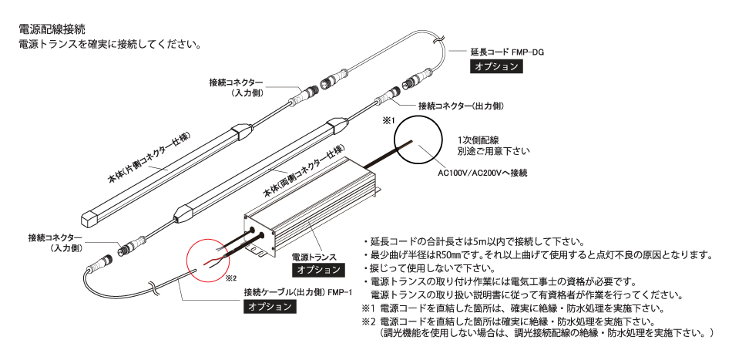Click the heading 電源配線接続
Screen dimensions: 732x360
(x=52, y=29)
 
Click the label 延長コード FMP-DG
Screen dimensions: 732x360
(x=507, y=52)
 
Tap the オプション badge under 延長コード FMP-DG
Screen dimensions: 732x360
(x=496, y=66)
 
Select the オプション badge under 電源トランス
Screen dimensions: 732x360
(x=319, y=269)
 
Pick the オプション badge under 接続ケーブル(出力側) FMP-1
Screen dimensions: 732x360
(x=270, y=306)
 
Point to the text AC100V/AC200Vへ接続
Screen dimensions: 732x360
(x=482, y=173)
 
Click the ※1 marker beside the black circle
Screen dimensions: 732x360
(x=389, y=120)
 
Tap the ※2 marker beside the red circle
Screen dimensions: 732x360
(x=231, y=278)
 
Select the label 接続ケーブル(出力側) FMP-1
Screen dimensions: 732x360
(x=297, y=293)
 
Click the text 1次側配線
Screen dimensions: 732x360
(x=478, y=140)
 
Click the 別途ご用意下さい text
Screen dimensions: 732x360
(x=494, y=152)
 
